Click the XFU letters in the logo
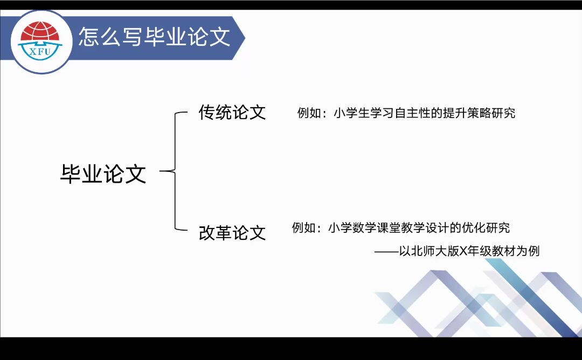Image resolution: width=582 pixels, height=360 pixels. pyautogui.click(x=40, y=52)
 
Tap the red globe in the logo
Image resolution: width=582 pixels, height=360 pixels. pyautogui.click(x=40, y=31)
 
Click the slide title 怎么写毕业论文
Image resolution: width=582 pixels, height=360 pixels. pyautogui.click(x=155, y=37)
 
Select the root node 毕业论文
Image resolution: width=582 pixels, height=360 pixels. pyautogui.click(x=103, y=174)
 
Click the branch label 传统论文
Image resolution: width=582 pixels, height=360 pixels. pyautogui.click(x=232, y=113)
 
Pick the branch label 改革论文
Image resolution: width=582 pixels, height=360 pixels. pyautogui.click(x=232, y=233)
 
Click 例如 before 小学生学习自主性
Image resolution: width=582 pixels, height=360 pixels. pyautogui.click(x=309, y=113)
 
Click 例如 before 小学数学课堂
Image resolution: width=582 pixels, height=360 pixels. pyautogui.click(x=303, y=227)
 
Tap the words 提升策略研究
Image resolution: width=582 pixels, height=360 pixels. pyautogui.click(x=479, y=113)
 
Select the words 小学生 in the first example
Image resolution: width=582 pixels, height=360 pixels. pyautogui.click(x=352, y=113)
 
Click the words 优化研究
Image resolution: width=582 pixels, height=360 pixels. pyautogui.click(x=486, y=227)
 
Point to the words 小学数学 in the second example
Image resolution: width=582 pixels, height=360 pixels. pyautogui.click(x=352, y=227)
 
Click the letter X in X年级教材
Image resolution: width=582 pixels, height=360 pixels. pyautogui.click(x=463, y=251)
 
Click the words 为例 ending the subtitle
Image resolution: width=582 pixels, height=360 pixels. pyautogui.click(x=528, y=251)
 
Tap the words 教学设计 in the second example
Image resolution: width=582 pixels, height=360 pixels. pyautogui.click(x=425, y=227)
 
